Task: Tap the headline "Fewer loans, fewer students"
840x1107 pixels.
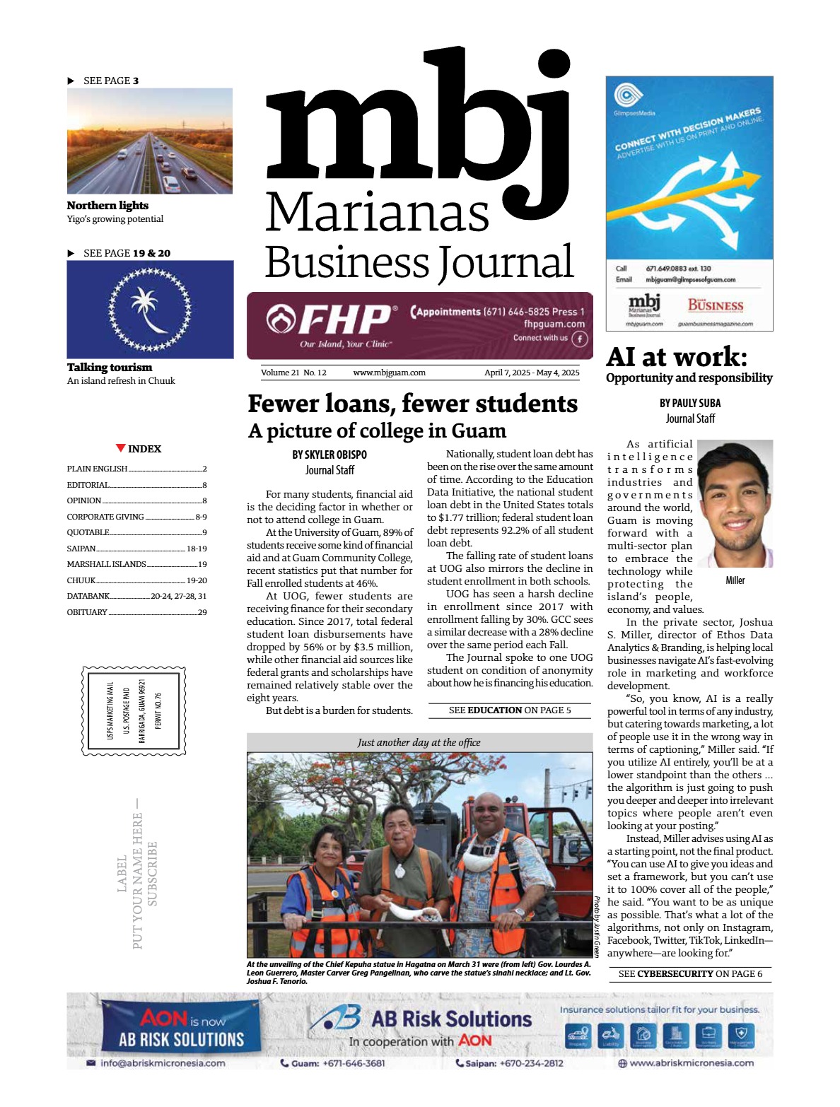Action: click(x=412, y=404)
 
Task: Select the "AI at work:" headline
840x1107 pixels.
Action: click(x=676, y=356)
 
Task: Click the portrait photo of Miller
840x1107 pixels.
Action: click(x=735, y=503)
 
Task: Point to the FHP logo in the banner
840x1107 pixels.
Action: click(x=329, y=320)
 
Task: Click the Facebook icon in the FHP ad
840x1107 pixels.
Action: click(x=579, y=339)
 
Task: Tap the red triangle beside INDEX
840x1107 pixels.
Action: click(x=121, y=448)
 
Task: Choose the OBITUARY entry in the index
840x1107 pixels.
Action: click(x=88, y=612)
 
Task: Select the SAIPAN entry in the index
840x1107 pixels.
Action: click(x=81, y=549)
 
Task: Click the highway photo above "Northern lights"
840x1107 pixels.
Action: click(x=149, y=141)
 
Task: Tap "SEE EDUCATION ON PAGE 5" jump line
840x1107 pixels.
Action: click(x=510, y=710)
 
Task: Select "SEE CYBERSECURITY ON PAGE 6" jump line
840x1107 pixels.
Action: click(x=690, y=974)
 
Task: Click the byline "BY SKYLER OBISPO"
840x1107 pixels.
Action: click(x=329, y=455)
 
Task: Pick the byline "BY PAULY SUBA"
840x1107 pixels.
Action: click(x=690, y=403)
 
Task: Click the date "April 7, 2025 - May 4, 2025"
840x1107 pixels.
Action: click(x=532, y=373)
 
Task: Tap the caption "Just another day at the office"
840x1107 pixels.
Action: click(x=419, y=742)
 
